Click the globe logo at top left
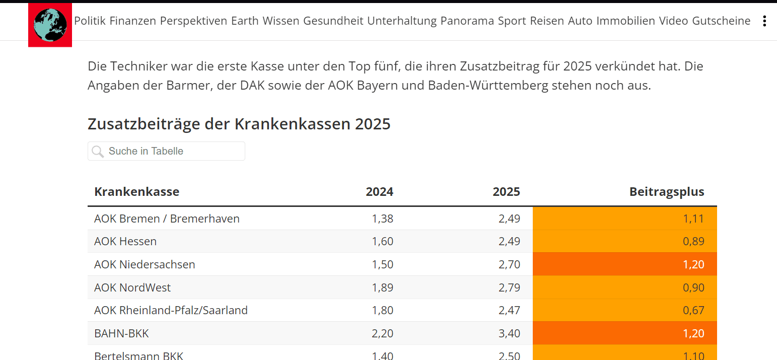pos(50,25)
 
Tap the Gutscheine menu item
pos(721,21)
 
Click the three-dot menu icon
pos(764,21)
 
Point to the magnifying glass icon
pos(98,151)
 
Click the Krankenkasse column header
pos(136,192)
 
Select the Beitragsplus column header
pos(666,192)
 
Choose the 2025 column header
pos(506,192)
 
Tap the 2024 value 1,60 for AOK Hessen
pos(382,242)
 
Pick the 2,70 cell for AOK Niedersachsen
pos(509,264)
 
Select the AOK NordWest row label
pos(132,288)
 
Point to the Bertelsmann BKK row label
pos(138,355)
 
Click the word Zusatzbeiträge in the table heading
pos(144,124)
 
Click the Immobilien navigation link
pos(625,21)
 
